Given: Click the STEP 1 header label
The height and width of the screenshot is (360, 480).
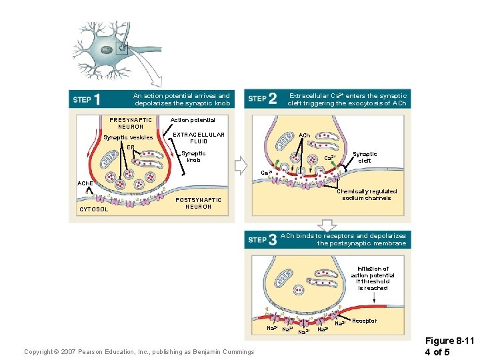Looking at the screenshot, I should click(x=87, y=99).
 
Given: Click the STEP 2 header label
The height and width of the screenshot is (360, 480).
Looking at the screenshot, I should click(x=262, y=99).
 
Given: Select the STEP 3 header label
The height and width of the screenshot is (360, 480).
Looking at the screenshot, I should click(x=262, y=239).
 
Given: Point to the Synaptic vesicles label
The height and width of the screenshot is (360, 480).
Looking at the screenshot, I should click(x=128, y=137).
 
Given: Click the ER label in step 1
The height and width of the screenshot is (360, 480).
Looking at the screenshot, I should click(x=131, y=147).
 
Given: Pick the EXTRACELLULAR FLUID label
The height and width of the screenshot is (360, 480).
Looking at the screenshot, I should click(x=199, y=138).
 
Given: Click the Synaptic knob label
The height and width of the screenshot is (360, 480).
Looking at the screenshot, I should click(x=193, y=157).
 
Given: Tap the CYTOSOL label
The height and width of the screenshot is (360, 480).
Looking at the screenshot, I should click(x=94, y=209).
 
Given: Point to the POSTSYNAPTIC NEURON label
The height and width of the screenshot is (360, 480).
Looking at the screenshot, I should click(x=198, y=203).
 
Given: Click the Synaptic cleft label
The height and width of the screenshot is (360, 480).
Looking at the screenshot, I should click(x=365, y=157).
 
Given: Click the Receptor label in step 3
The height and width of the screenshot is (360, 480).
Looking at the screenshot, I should click(x=364, y=321).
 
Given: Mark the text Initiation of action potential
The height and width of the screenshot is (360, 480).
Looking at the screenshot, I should click(x=373, y=278).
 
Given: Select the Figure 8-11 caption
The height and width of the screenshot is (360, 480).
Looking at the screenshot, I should click(x=451, y=345).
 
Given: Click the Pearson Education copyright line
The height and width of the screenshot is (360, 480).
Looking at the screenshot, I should click(x=139, y=351).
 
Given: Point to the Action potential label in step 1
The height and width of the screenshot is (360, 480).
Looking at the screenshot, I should click(x=193, y=120).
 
